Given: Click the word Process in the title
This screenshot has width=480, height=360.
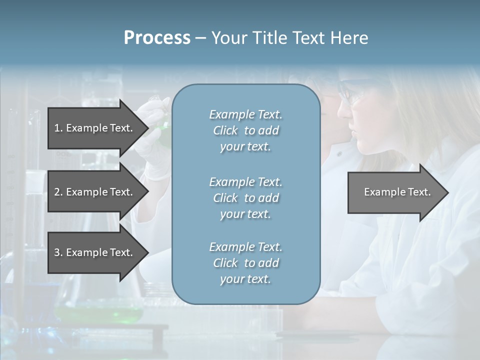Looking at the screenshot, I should coord(157,38).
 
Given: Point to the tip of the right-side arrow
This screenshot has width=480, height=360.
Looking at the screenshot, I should coord(447,192).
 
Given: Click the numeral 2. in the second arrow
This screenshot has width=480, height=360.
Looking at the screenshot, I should coord(58,192).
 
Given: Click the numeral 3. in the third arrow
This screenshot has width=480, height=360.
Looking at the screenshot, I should coord(58,252).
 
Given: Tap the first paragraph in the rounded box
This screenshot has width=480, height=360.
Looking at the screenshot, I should coord(245,130).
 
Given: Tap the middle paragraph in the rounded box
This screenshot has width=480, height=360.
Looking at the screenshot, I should coord(245,198).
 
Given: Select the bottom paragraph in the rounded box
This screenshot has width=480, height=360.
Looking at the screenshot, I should coord(245,263).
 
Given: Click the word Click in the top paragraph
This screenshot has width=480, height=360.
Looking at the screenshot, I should coord(225,130).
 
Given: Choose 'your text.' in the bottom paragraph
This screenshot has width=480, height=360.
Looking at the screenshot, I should coord(245,279).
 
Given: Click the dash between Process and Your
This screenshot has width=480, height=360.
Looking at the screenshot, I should coord(200,38).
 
